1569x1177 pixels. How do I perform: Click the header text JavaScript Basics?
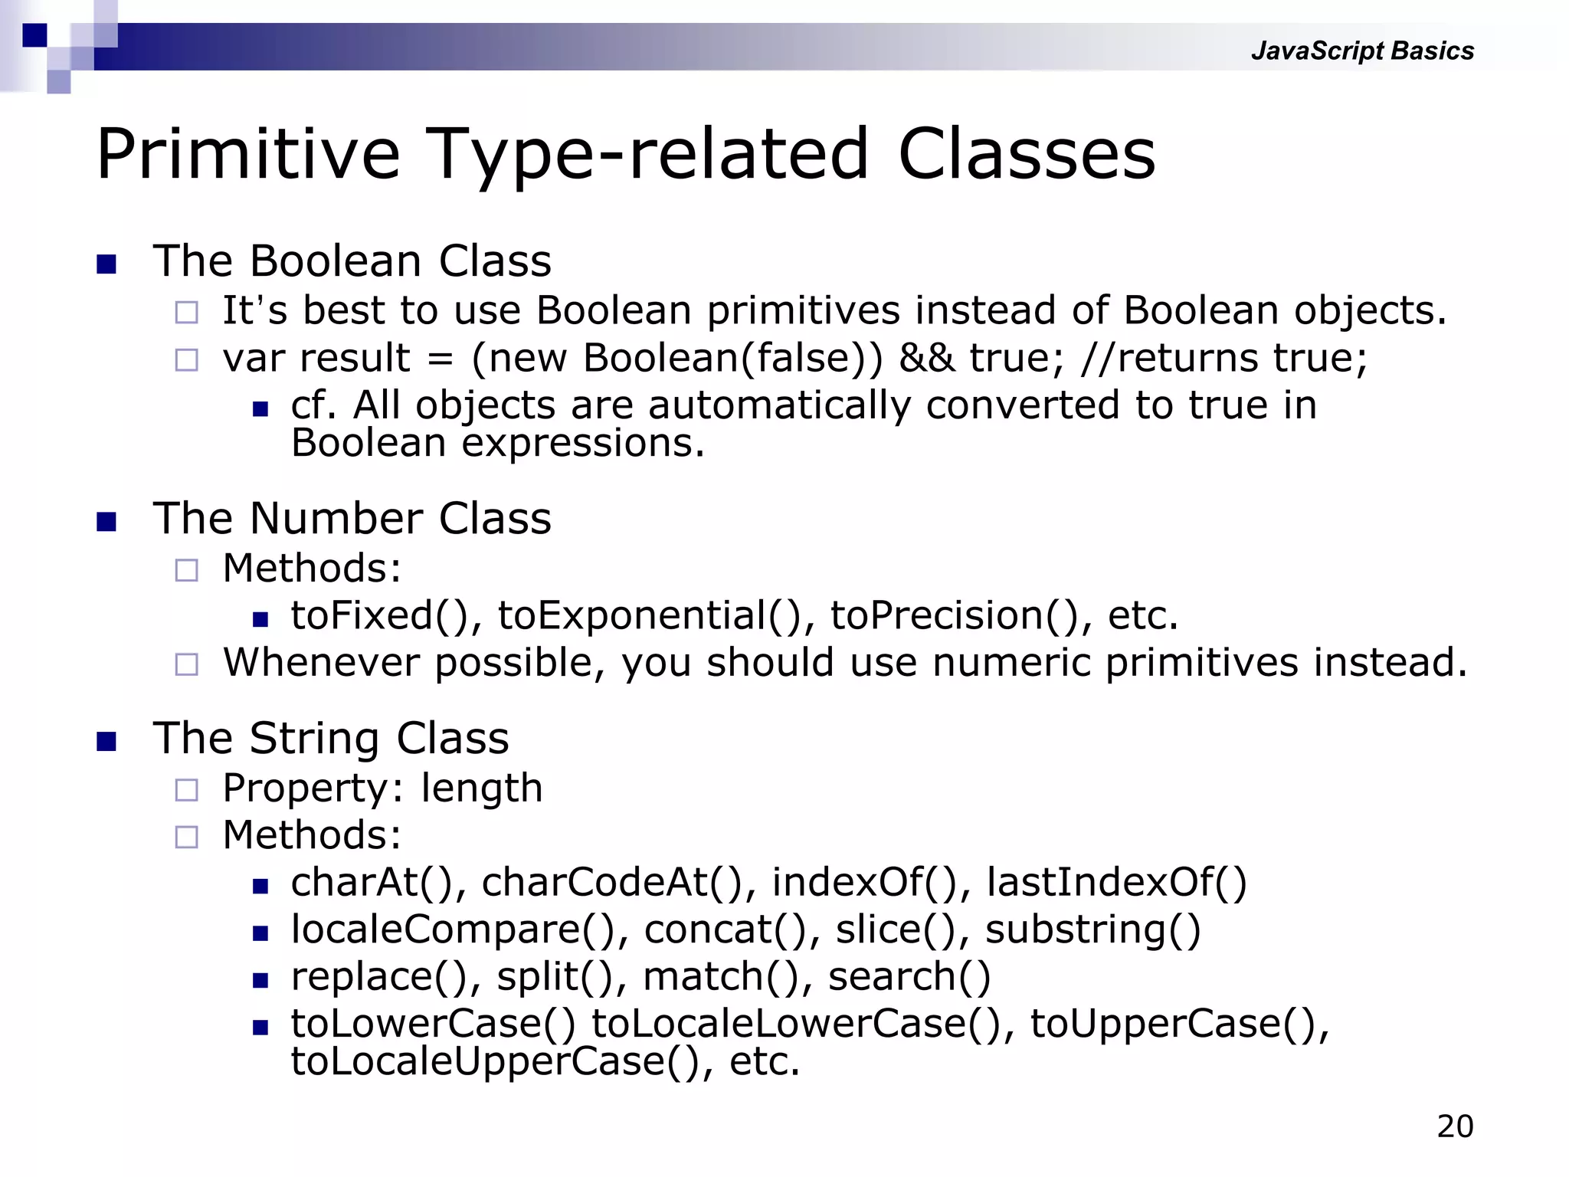(1362, 51)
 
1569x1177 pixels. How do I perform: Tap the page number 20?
(1455, 1126)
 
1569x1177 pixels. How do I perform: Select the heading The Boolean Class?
(352, 261)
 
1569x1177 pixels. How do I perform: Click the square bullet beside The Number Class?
(106, 522)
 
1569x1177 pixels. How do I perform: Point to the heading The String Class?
(331, 739)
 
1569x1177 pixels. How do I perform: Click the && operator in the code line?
(926, 358)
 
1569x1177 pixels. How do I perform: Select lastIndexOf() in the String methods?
(1116, 882)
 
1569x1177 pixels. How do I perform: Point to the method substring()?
(1092, 929)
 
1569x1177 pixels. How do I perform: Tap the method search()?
(909, 977)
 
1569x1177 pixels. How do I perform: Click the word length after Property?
(481, 788)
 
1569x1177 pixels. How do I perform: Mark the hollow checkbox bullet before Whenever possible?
(186, 664)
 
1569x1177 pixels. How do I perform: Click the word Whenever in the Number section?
(321, 663)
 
